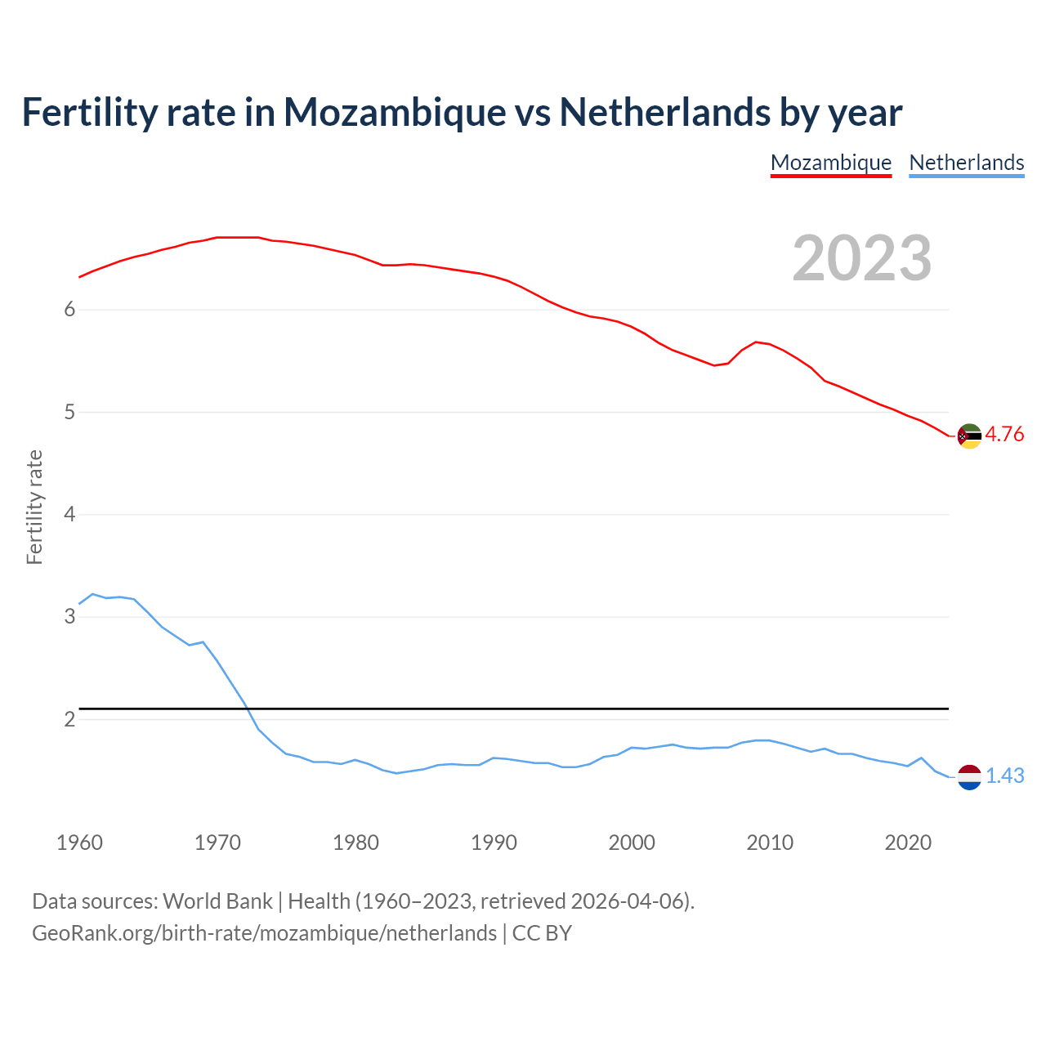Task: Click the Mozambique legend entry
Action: click(830, 163)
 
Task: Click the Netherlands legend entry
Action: click(966, 163)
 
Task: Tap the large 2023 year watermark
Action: click(861, 258)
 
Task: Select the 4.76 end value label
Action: click(1004, 434)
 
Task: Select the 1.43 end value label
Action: click(1004, 776)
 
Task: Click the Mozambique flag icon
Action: click(969, 436)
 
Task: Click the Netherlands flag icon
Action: click(969, 777)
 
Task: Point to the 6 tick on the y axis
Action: click(69, 310)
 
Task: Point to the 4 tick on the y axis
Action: click(69, 515)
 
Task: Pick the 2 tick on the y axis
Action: click(69, 719)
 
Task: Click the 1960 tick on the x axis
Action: click(79, 843)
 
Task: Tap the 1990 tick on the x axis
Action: click(494, 843)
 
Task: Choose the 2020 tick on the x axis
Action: click(908, 843)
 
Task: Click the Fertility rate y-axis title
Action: click(34, 507)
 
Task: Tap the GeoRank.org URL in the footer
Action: click(264, 933)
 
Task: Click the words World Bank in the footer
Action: click(217, 901)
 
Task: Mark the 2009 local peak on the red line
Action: click(756, 342)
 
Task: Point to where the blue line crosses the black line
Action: click(245, 709)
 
